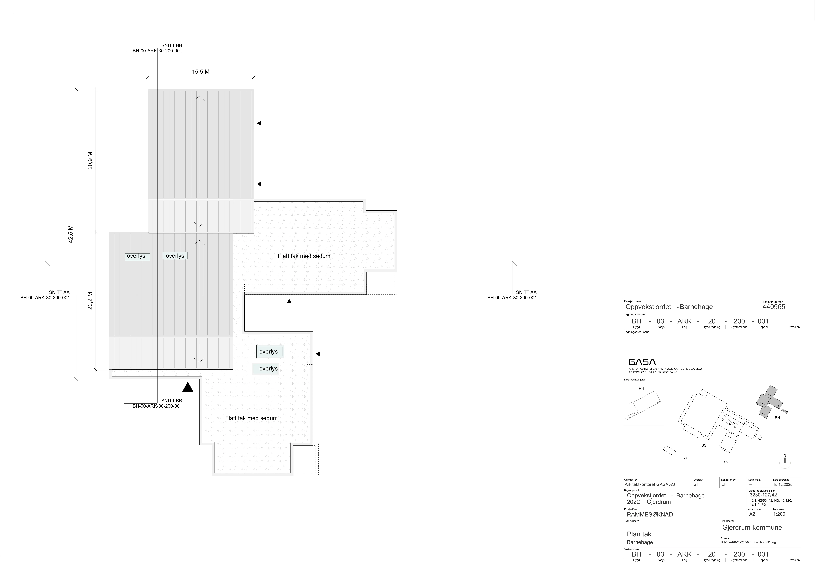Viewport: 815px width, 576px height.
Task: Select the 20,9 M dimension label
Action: pos(90,161)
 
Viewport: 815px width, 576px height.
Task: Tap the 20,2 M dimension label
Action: pos(90,301)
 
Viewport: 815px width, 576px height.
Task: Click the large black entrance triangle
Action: pos(188,387)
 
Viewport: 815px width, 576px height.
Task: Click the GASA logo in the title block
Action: pos(642,362)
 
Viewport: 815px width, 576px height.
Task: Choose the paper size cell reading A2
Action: pos(752,514)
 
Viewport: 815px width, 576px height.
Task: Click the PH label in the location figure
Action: pos(641,388)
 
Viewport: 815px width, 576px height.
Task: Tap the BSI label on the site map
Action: pos(704,445)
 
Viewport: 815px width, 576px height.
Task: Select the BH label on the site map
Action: pos(777,418)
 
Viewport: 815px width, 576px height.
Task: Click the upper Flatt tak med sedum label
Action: pos(304,256)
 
